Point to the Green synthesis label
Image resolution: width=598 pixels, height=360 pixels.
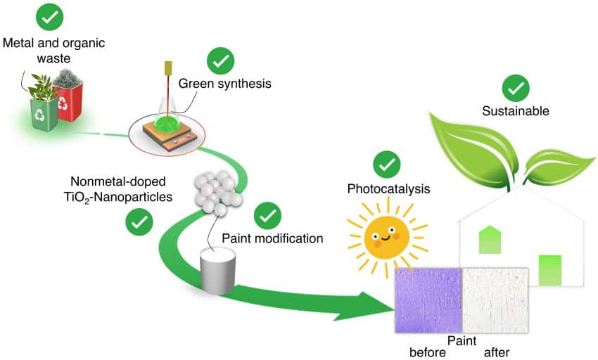coord(224,84)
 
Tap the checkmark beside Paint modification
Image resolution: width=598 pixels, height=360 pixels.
coord(267,216)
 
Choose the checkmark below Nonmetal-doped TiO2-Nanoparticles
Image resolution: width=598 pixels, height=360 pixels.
coord(139,222)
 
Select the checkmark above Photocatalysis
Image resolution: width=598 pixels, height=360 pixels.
coord(386,164)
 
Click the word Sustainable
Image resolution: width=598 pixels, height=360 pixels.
coord(516,111)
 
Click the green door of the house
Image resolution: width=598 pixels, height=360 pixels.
coord(550,271)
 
